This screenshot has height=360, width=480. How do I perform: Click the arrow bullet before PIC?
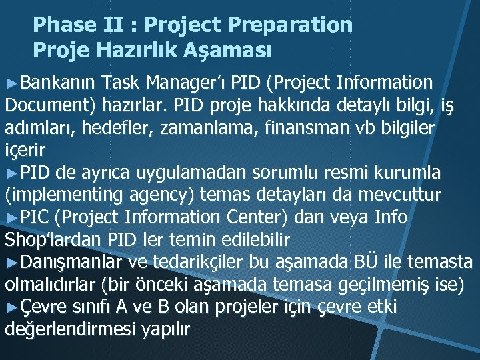pos(13,217)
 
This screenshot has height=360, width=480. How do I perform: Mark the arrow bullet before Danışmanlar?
pos(13,262)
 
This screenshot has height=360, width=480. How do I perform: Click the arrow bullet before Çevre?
pos(13,307)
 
